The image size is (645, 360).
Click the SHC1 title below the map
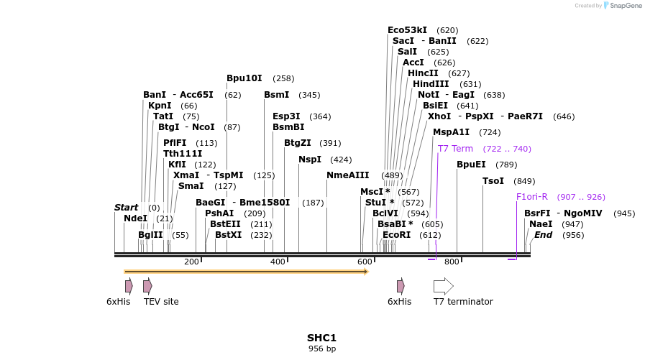click(321, 338)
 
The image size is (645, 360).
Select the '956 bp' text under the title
click(321, 349)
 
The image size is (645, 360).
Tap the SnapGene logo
click(623, 6)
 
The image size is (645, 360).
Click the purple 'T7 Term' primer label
click(455, 149)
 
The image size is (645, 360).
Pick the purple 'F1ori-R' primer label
click(531, 197)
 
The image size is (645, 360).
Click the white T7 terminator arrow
click(443, 286)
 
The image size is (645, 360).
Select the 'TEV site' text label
click(161, 302)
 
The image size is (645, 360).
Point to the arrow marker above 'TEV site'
click(147, 286)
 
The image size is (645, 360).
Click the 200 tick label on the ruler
click(191, 262)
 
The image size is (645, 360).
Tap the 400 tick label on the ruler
click(278, 262)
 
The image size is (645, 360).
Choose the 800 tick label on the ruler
click(452, 262)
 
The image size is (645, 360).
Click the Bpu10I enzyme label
click(244, 78)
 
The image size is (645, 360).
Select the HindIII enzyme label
click(430, 84)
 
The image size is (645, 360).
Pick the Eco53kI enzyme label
click(407, 30)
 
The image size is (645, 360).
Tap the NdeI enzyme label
click(135, 218)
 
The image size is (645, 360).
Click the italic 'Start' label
click(126, 208)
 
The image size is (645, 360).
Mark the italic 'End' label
click(543, 235)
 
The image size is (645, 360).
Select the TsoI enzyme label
click(493, 181)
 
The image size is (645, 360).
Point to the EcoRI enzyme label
click(396, 235)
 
